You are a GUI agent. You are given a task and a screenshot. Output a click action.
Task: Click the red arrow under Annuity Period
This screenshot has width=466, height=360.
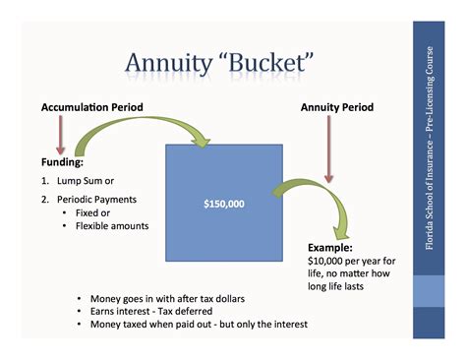(x=329, y=151)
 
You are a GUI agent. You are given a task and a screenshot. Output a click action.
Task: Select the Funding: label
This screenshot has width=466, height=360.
(x=62, y=160)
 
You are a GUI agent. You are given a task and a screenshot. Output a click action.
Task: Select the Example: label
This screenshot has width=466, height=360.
(x=328, y=249)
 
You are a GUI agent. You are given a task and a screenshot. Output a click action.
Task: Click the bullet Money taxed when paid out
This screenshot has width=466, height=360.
(x=192, y=325)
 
